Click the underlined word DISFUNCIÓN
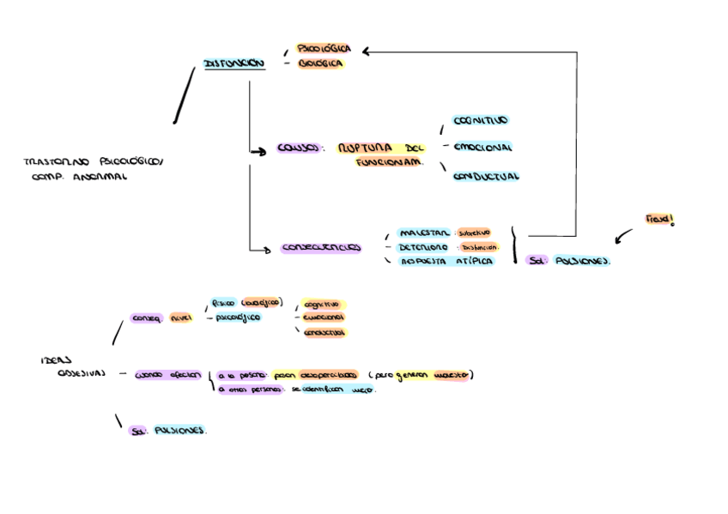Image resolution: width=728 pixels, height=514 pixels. click(x=234, y=63)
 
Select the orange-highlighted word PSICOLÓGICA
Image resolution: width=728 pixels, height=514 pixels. click(x=324, y=49)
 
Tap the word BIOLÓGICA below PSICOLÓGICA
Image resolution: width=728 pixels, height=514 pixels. click(x=321, y=63)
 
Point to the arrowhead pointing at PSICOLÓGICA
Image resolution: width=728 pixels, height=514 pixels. click(x=366, y=51)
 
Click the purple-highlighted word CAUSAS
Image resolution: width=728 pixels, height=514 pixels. click(x=298, y=148)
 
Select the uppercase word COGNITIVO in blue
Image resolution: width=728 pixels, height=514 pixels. click(x=481, y=121)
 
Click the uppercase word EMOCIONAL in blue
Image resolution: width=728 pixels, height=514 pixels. click(x=482, y=147)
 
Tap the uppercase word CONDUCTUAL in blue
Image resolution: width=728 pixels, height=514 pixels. click(x=486, y=177)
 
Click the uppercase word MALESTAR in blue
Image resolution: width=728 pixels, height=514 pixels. click(x=424, y=233)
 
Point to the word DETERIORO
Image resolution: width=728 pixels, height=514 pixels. click(x=424, y=247)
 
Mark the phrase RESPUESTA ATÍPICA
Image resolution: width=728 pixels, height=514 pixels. click(x=447, y=262)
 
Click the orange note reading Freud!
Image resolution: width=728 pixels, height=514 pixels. click(x=659, y=221)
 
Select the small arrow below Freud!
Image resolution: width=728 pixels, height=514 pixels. click(x=623, y=236)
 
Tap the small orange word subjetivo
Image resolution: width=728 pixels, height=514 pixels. click(x=473, y=233)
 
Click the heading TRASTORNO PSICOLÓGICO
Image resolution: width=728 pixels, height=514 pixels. click(x=94, y=160)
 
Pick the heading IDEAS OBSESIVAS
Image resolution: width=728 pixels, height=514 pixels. click(x=73, y=366)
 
